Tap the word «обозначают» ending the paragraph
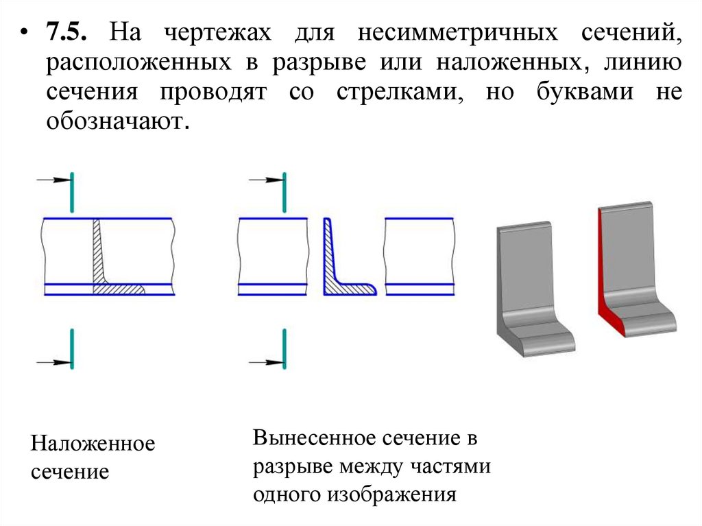(116, 124)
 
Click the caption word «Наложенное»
(93, 444)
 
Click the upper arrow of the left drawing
(54, 180)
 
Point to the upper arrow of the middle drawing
(265, 180)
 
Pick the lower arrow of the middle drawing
(265, 361)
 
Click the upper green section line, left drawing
(72, 193)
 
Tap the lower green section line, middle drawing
(284, 348)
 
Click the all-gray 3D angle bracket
(528, 288)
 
